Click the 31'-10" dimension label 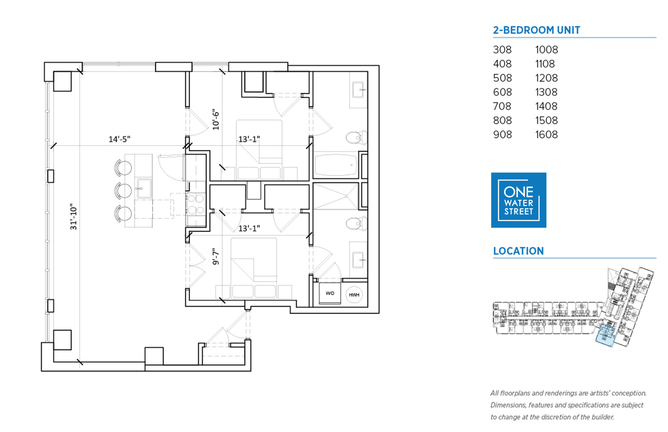(x=73, y=217)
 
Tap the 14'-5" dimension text (x=119, y=139)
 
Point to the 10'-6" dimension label (x=216, y=119)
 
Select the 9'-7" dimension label (x=216, y=256)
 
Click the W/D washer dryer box (x=330, y=294)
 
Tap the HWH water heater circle (x=354, y=295)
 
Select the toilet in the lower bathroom (x=356, y=224)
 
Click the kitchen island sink (x=144, y=189)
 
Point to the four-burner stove (x=196, y=204)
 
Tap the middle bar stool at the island (x=123, y=191)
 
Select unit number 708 (x=502, y=106)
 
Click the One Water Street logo (x=518, y=200)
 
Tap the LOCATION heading (x=518, y=251)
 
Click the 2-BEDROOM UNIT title (x=536, y=30)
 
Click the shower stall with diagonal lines (x=336, y=196)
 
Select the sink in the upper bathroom (x=358, y=90)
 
